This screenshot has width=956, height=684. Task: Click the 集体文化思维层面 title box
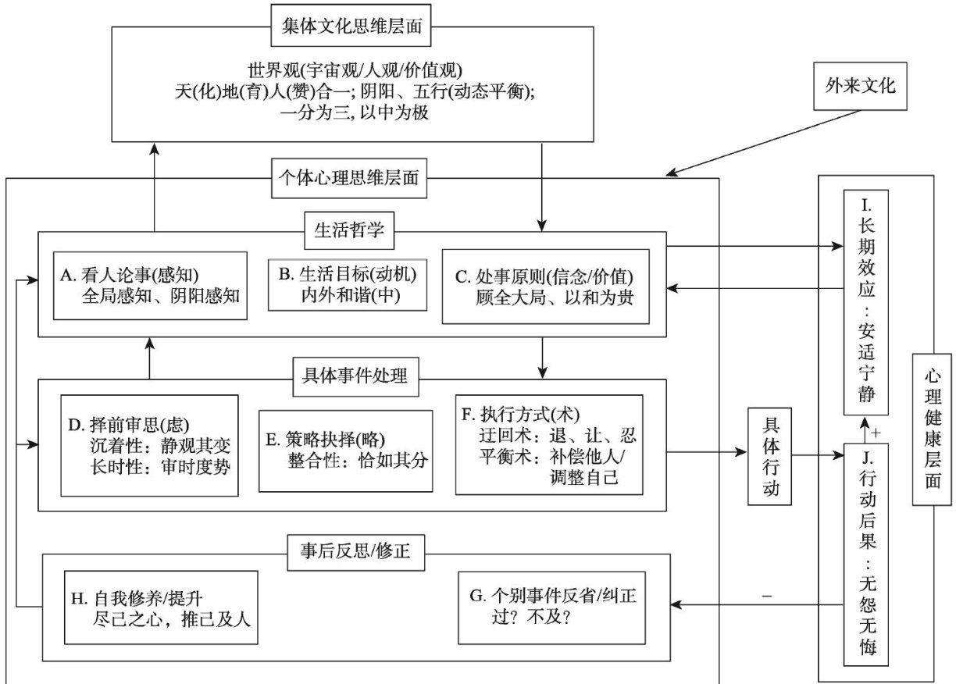[351, 25]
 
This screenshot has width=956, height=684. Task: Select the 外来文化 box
[860, 86]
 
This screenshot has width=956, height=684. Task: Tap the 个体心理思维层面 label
[349, 178]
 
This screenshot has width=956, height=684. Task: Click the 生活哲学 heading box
[349, 230]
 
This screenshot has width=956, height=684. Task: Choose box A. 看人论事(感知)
[150, 286]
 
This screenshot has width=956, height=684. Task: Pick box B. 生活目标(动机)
[348, 284]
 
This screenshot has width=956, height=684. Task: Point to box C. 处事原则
[545, 287]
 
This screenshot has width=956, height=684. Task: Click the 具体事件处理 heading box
[355, 377]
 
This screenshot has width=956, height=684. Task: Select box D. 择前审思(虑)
[149, 446]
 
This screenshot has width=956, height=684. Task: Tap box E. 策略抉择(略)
[346, 451]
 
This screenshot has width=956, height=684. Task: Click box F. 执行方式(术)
[549, 444]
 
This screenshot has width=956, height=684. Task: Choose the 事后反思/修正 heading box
[356, 553]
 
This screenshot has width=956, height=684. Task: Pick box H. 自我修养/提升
[161, 607]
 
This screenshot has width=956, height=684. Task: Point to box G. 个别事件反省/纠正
[552, 608]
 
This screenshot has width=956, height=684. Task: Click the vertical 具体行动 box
[769, 457]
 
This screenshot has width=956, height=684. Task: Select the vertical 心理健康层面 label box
[932, 429]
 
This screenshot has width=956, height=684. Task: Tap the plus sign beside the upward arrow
[876, 433]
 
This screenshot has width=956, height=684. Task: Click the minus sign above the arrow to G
[766, 596]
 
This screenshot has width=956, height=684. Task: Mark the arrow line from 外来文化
[763, 143]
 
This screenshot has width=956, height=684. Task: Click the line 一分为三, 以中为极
[355, 112]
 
